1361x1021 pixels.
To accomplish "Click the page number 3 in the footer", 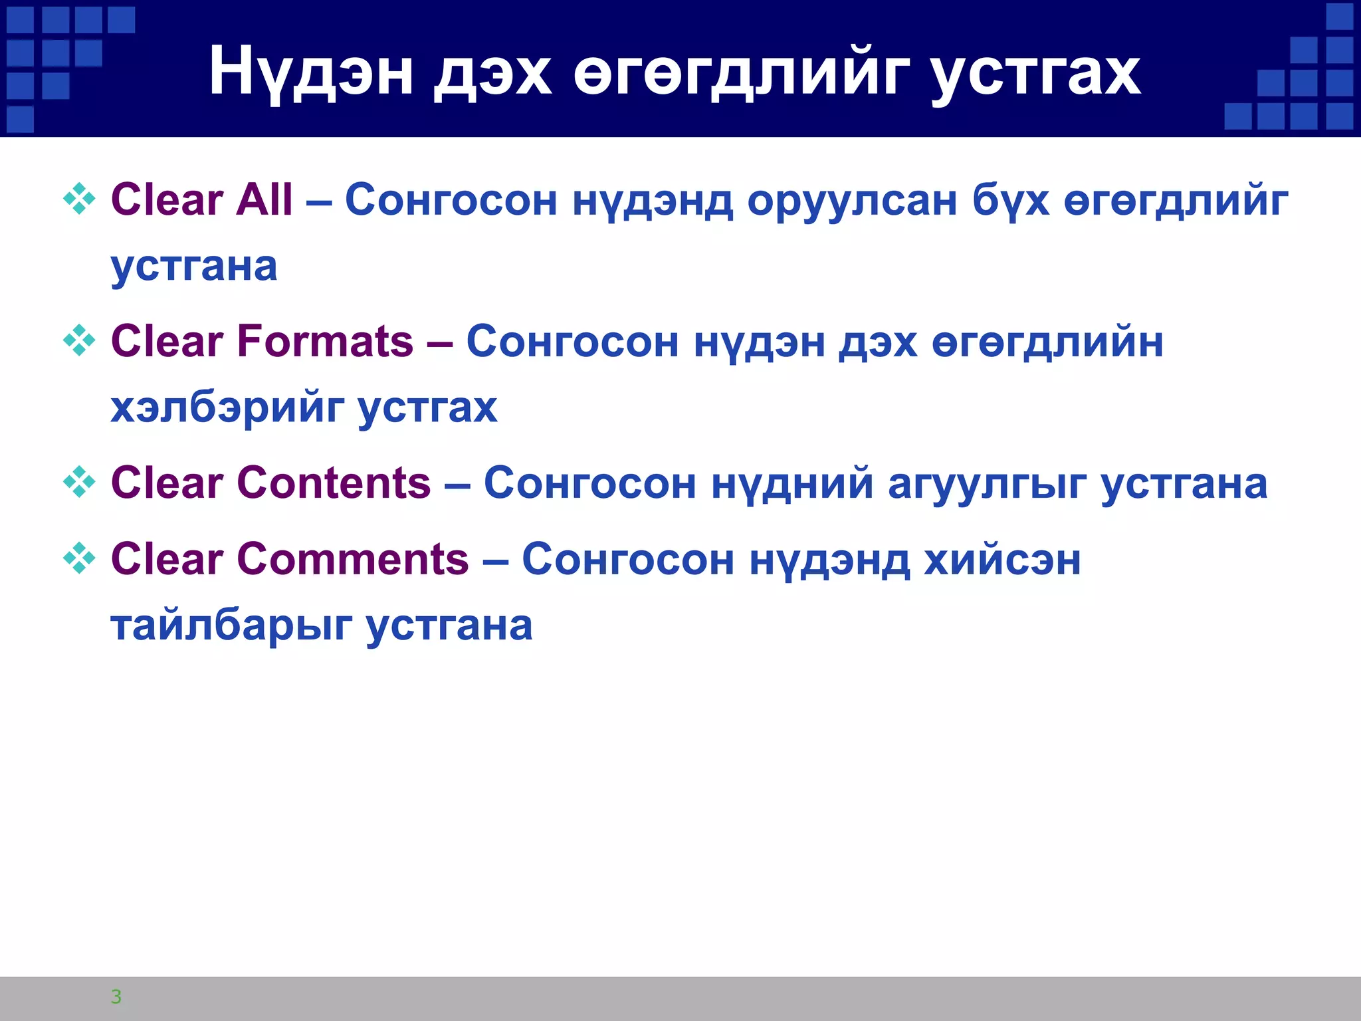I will pos(116,996).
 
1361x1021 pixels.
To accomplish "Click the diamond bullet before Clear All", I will pos(79,199).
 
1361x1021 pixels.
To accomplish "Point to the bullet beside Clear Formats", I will pos(79,340).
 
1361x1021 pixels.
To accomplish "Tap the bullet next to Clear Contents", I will pos(79,482).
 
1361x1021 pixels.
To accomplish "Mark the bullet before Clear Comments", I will pos(79,558).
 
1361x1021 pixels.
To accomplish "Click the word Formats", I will pos(325,342).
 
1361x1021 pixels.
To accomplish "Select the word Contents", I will pos(334,483).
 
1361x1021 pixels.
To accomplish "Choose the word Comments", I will pos(353,559).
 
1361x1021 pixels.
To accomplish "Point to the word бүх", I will pos(1011,201).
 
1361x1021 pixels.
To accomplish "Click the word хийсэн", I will pos(1002,560).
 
